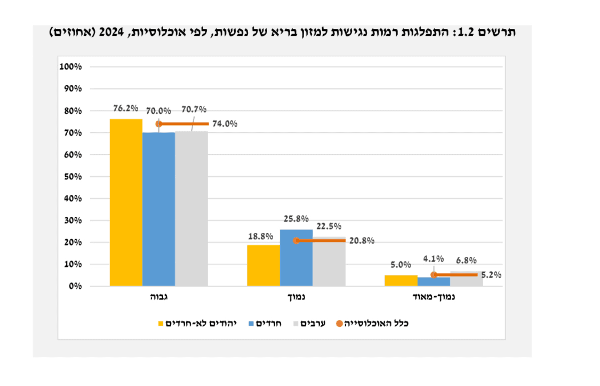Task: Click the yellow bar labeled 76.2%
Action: coord(126,202)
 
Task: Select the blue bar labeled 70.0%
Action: coord(159,209)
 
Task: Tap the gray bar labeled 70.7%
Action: coord(191,209)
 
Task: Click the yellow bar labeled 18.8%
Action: coord(263,265)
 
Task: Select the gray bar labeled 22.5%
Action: coord(329,262)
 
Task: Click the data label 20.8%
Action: coord(361,241)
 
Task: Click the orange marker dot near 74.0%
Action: coord(159,124)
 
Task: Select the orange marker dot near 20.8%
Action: coord(296,241)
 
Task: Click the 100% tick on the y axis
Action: coord(70,67)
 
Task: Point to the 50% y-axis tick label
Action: coord(72,177)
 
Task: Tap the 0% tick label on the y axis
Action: coord(74,286)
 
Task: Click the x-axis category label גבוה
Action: coord(159,297)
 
